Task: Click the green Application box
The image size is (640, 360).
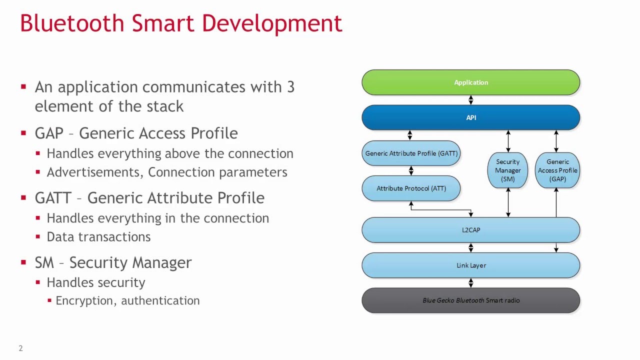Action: tap(470, 82)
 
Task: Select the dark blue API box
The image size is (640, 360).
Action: tap(470, 117)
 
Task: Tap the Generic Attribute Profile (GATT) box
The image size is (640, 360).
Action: tap(411, 153)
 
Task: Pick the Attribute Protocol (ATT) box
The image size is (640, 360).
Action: tap(411, 188)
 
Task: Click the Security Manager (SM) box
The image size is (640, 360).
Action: tap(507, 170)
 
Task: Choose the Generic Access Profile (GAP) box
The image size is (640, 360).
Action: tap(557, 170)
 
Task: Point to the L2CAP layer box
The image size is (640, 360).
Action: tap(470, 230)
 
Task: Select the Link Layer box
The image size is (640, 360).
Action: tap(470, 265)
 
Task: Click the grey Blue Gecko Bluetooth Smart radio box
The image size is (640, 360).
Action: tap(470, 300)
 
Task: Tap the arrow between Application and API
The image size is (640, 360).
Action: tap(470, 100)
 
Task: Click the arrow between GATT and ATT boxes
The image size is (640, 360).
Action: tap(411, 170)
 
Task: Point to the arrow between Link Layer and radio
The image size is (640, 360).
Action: tap(470, 283)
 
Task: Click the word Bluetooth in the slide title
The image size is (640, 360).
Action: tap(72, 23)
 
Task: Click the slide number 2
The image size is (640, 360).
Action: tap(20, 348)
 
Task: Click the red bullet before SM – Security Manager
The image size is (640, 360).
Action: tap(23, 262)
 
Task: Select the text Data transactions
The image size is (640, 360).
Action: tap(98, 237)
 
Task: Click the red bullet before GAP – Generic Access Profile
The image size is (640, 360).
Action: tap(23, 133)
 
